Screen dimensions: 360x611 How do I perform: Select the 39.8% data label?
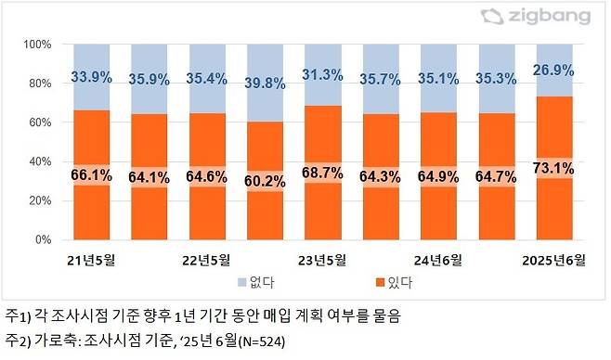tap(266, 84)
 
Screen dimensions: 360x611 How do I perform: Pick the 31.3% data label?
tap(324, 76)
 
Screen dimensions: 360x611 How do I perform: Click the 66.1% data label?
tap(92, 174)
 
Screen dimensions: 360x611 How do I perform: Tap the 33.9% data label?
tap(92, 78)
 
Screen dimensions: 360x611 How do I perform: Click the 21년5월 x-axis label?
tap(92, 261)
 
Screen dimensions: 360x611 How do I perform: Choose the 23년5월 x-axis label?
tap(324, 261)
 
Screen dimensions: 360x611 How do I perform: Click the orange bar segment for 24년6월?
tap(440, 213)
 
